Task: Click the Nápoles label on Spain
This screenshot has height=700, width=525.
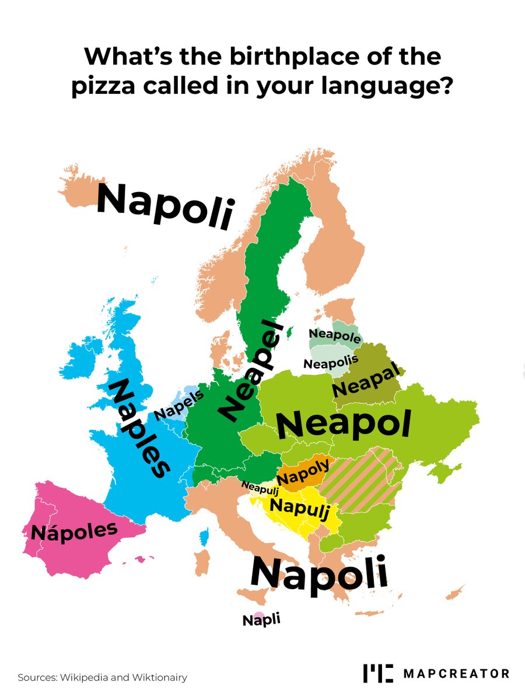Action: [x=74, y=530]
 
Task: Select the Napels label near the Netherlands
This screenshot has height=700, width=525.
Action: [x=179, y=404]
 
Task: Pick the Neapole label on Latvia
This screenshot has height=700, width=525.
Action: [x=334, y=335]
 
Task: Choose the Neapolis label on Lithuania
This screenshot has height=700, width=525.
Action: [x=331, y=363]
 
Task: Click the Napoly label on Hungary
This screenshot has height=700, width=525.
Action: [x=303, y=472]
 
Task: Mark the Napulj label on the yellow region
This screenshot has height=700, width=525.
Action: [x=296, y=508]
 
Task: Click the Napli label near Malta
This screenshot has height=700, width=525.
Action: [x=261, y=619]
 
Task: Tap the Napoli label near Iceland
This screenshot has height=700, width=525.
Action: [x=165, y=206]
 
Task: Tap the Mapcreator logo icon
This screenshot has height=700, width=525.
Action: [x=378, y=673]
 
